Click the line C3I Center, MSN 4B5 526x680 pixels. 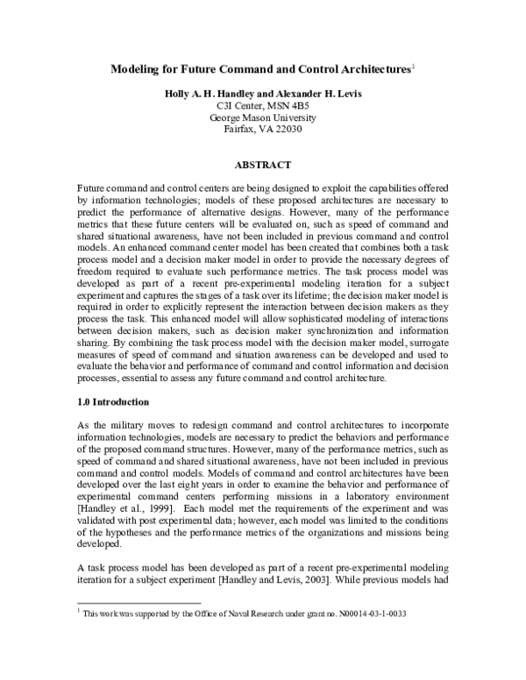[x=263, y=107]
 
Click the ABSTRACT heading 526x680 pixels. [x=263, y=164]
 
